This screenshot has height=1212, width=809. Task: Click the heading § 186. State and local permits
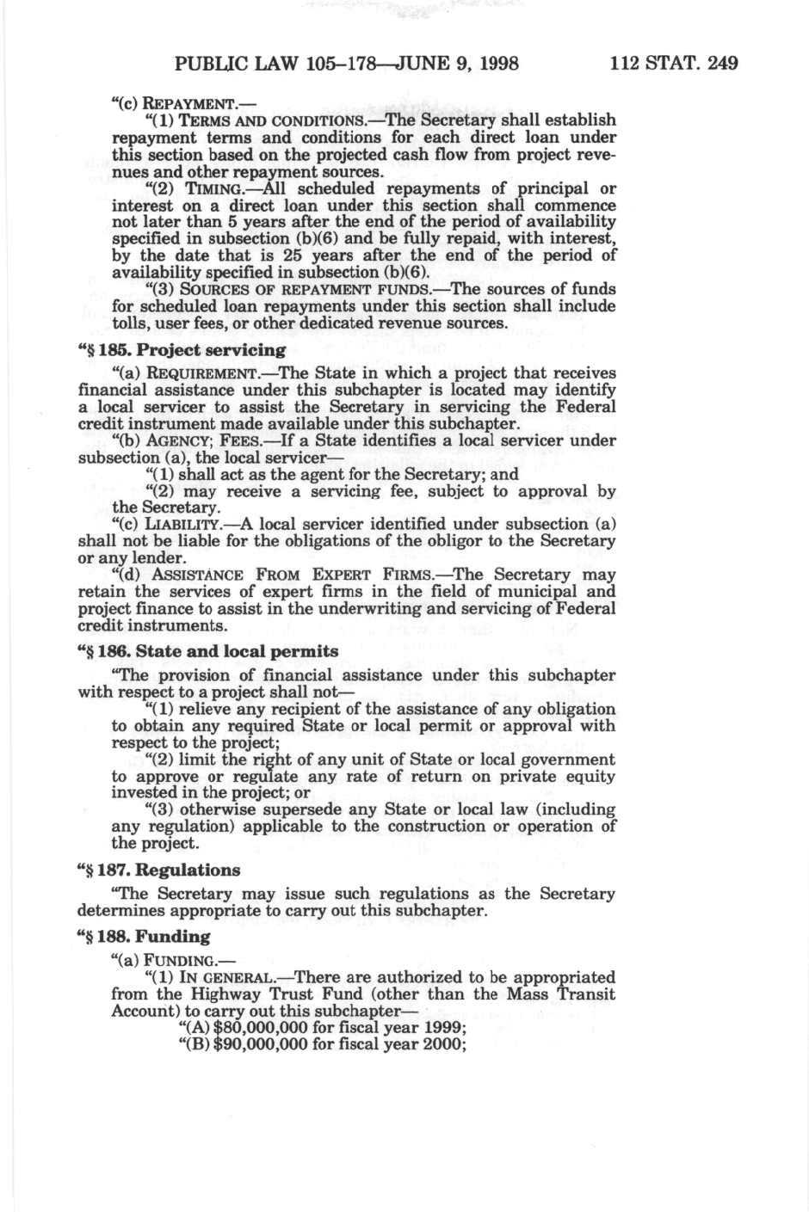click(207, 651)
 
